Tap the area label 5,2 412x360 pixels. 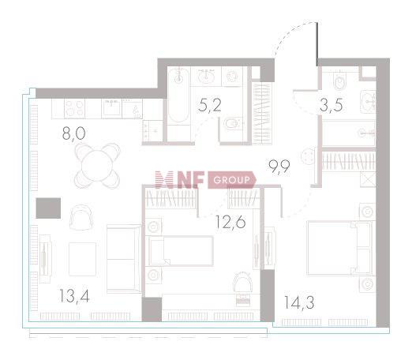tap(210, 106)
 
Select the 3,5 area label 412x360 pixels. tap(331, 105)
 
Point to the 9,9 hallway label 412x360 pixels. tap(279, 167)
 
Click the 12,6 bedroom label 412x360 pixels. tap(230, 222)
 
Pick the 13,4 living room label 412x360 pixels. tap(74, 296)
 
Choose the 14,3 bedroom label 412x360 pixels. tap(299, 302)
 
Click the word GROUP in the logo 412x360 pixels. tap(231, 180)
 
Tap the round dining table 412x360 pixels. tap(97, 166)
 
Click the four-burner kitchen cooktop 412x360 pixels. tap(74, 109)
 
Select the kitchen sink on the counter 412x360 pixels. tap(112, 107)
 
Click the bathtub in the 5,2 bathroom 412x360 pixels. tap(178, 96)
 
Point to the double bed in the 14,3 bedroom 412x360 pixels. tap(339, 248)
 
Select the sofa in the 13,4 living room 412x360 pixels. tap(124, 259)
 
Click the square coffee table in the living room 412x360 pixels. tap(82, 259)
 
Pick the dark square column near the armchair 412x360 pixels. tap(48, 208)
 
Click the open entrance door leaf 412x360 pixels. tap(317, 44)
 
